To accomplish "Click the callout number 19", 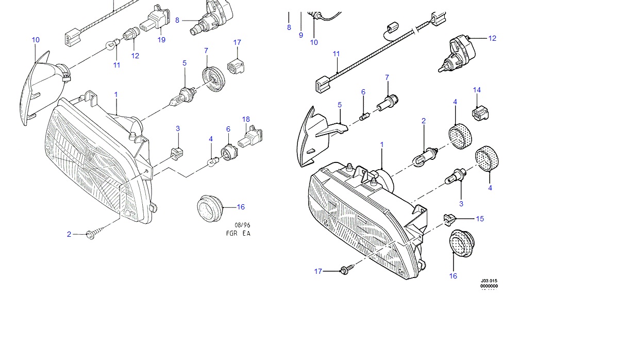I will [161, 40].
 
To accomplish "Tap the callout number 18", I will [246, 120].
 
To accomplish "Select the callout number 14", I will [477, 90].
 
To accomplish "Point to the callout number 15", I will [480, 219].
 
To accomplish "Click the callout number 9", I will [301, 35].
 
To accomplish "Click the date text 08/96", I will [242, 225].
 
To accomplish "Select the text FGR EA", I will [238, 233].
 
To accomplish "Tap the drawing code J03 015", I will [489, 281].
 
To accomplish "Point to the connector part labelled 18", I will [252, 137].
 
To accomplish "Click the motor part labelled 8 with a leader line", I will [211, 18].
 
